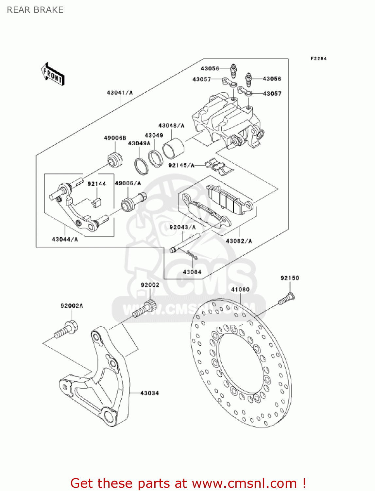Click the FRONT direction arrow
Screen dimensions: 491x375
[53, 75]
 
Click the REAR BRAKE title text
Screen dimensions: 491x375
[35, 10]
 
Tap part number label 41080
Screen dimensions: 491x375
[240, 289]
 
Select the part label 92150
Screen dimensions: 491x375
[290, 278]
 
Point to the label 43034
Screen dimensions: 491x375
[149, 393]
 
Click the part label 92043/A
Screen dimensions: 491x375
[182, 227]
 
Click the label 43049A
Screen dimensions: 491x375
[139, 143]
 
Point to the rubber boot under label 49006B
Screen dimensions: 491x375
[115, 160]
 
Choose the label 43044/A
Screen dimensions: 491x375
[65, 239]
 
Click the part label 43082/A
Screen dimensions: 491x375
[239, 241]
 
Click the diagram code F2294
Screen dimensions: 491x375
[318, 59]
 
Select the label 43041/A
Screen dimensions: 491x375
[120, 93]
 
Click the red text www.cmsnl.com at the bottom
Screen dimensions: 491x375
[244, 483]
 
